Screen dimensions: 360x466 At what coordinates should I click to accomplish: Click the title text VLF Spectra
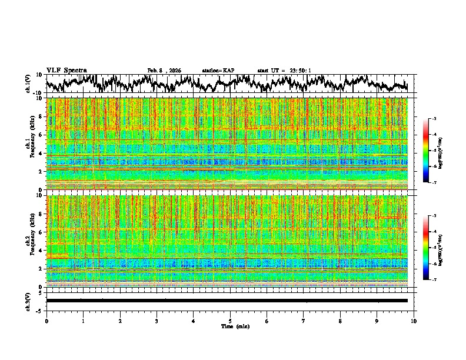pos(65,71)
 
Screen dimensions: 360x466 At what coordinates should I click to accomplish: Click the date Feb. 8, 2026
pos(164,71)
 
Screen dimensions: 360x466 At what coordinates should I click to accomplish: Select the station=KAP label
pos(218,71)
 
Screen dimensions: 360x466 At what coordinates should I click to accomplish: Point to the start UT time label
pos(284,71)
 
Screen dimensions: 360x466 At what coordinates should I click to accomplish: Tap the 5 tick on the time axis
pos(230,321)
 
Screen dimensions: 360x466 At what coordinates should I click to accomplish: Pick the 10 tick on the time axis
pos(414,321)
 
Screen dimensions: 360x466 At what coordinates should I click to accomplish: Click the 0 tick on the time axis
pos(46,321)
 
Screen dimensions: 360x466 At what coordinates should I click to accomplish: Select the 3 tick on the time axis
pos(157,321)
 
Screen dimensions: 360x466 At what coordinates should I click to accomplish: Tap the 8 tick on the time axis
pos(341,321)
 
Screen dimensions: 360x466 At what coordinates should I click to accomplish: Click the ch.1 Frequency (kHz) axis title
pos(32,144)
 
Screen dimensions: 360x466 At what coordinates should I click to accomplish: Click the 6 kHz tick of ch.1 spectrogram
pos(42,135)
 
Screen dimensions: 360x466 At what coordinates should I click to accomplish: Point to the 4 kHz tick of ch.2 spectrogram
pos(42,250)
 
